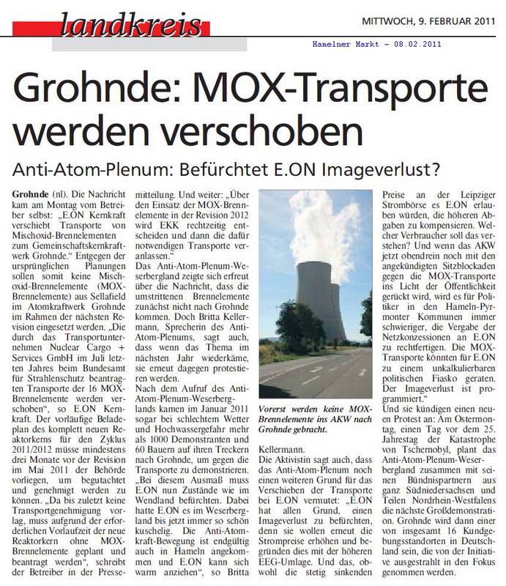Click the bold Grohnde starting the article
(x=30, y=193)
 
